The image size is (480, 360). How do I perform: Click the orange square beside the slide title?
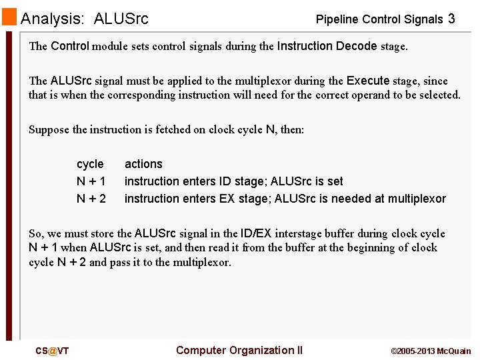point(9,17)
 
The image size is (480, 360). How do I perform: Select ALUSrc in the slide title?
point(121,19)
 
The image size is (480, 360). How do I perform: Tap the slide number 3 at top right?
point(451,19)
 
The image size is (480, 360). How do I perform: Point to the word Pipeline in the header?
point(337,19)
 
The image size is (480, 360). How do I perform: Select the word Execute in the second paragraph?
point(368,81)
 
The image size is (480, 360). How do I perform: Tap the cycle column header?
point(90,164)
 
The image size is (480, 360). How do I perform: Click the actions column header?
point(143,164)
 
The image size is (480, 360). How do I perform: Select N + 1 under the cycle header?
point(91,181)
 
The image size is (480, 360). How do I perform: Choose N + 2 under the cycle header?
point(91,199)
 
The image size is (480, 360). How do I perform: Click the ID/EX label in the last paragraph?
point(256,233)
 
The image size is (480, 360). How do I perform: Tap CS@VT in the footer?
point(52,351)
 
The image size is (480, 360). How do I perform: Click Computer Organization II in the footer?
point(239,351)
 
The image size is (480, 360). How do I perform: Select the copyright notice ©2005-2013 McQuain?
point(430,351)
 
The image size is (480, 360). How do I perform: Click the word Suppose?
point(49,129)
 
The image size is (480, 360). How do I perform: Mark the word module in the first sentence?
point(111,47)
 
